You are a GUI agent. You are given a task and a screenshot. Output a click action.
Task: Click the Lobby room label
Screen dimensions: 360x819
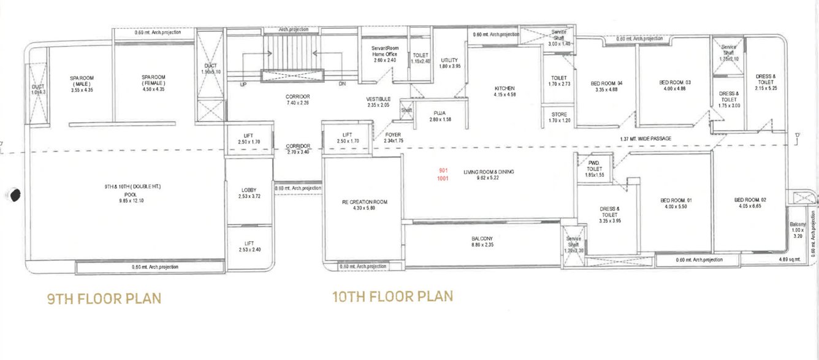[x=249, y=193]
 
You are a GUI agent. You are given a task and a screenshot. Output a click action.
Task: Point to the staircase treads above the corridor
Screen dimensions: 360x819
[x=292, y=54]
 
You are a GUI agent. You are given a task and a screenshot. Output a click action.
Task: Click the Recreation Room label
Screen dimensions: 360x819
[x=365, y=205]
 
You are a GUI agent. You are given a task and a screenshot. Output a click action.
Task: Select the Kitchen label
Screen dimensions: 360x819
[x=505, y=91]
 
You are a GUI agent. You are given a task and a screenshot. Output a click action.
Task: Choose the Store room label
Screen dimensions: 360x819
[x=558, y=117]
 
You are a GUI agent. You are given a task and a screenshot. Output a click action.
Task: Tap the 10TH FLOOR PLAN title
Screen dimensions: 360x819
[x=392, y=297]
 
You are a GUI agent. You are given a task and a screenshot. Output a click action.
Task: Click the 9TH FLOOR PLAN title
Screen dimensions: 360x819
[x=104, y=299]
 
